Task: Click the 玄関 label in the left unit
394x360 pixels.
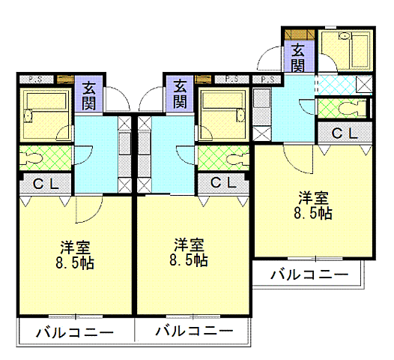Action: coord(89,92)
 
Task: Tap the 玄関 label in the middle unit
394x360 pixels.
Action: coord(180,92)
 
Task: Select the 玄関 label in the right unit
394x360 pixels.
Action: coord(297,57)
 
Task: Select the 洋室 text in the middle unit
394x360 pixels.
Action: coord(190,245)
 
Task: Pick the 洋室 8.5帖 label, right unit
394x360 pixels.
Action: coord(314,205)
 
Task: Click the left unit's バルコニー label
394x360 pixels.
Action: coord(74,331)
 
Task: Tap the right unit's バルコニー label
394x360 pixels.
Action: coord(309,275)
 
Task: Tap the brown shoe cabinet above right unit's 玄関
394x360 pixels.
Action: coord(297,34)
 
